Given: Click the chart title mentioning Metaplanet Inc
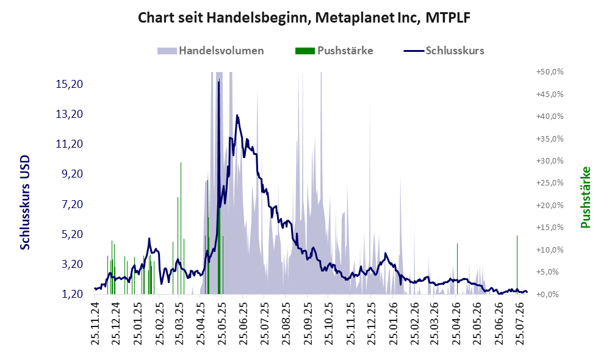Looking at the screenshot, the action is coord(304,18).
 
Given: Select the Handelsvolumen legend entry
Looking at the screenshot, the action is coord(211,51).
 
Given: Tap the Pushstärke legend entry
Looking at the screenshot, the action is coord(334,51).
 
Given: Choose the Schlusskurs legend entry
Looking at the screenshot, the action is coord(444,51).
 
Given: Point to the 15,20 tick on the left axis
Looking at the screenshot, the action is coord(70,84).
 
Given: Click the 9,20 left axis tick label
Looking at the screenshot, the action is coord(72,173).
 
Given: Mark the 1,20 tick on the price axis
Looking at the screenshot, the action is coord(72,293).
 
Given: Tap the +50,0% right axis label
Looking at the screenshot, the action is coord(550,72).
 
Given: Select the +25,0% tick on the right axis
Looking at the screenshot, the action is coord(550,182).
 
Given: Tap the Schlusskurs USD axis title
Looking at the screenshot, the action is coord(25,203).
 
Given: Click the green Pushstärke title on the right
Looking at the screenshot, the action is coord(585,197).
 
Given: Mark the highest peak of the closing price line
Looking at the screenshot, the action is coord(218,82).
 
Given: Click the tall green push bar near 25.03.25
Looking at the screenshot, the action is coord(181,228).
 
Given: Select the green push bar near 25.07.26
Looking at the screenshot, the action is coord(517,265).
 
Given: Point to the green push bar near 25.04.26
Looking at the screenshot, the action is coord(457,268).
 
